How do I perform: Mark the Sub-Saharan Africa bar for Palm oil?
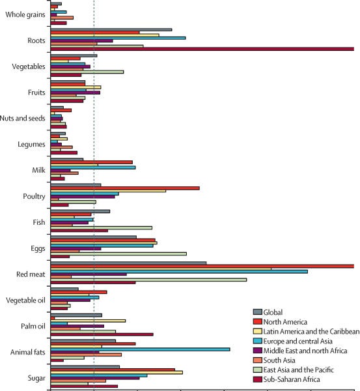pyautogui.click(x=102, y=334)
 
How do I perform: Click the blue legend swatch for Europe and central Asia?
pyautogui.click(x=258, y=341)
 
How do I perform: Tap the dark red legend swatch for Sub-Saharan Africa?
pyautogui.click(x=258, y=380)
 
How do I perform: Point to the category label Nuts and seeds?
pyautogui.click(x=24, y=118)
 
